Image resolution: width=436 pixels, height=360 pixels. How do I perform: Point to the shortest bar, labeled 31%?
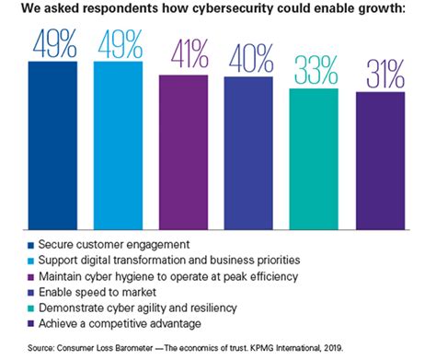tap(380, 161)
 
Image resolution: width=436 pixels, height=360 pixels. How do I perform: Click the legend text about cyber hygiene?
tap(147, 273)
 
